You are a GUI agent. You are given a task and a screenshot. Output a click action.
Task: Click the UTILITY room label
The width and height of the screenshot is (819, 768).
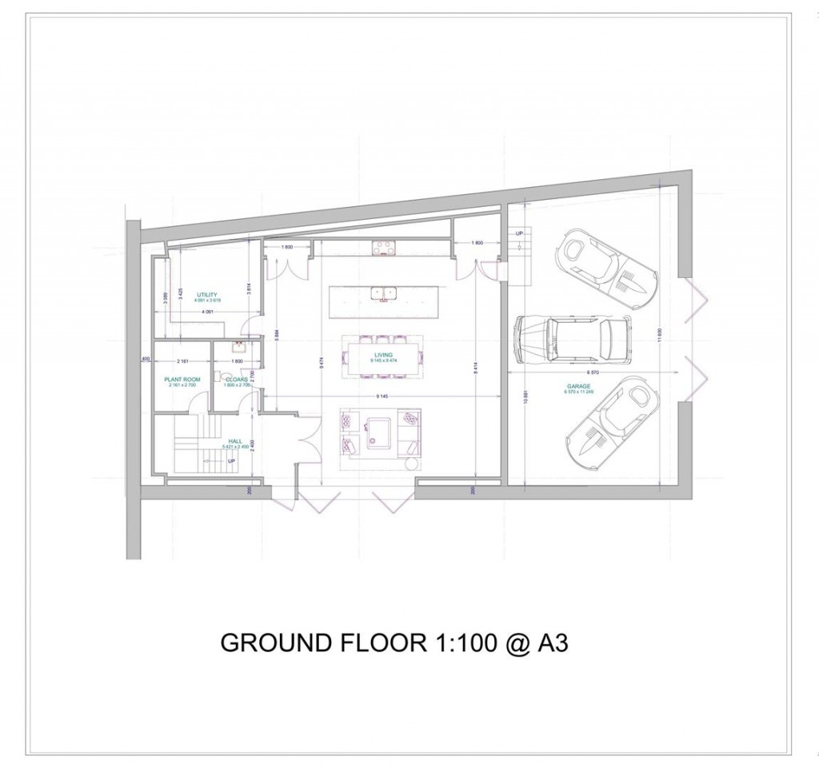(x=207, y=295)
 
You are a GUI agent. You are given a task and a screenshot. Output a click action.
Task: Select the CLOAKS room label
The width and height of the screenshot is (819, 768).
(x=235, y=379)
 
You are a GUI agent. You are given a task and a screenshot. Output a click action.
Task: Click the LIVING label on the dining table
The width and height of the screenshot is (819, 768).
(x=382, y=355)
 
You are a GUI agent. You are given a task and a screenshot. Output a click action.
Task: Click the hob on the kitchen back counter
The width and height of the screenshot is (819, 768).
(x=383, y=249)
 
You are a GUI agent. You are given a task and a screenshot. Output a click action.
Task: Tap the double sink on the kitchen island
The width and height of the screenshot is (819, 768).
(x=382, y=292)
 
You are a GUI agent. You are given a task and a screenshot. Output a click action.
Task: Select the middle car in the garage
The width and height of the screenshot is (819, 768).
(x=572, y=337)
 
